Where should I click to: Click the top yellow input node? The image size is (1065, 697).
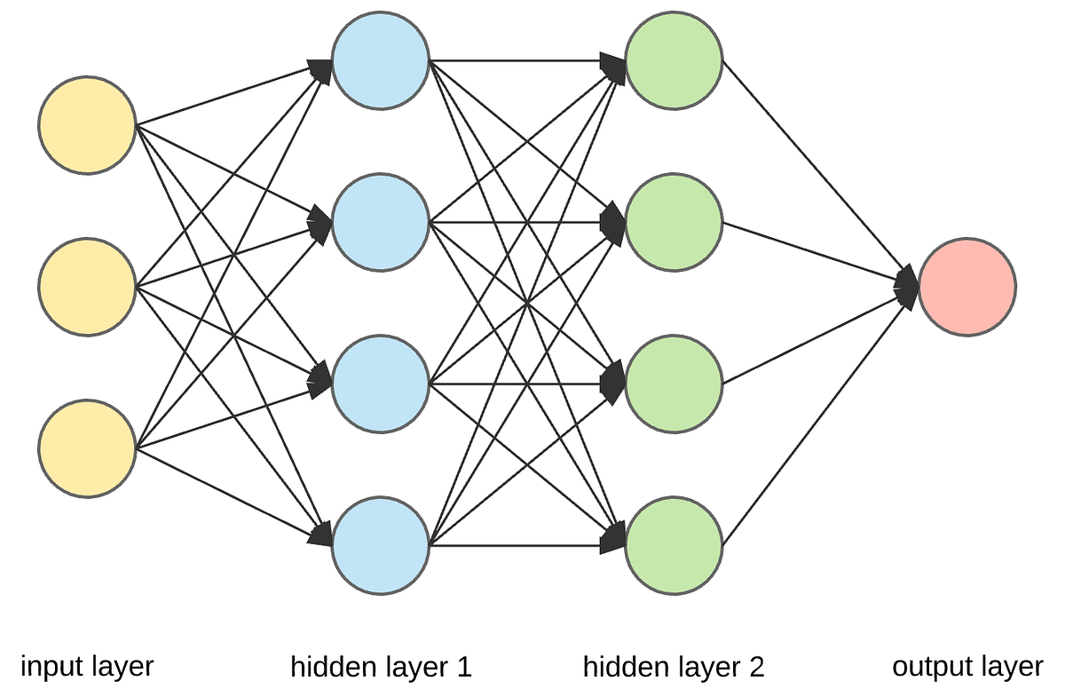tap(87, 125)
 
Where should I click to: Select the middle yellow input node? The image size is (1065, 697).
tap(87, 287)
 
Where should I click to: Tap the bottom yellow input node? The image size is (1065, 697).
tap(87, 448)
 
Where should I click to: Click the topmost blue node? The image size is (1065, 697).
tap(381, 60)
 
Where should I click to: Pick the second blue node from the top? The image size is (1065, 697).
tap(381, 222)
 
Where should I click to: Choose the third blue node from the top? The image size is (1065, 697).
tap(381, 384)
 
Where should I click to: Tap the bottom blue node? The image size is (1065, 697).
tap(381, 544)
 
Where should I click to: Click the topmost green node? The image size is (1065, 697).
tap(674, 60)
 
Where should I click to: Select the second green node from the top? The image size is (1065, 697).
tap(674, 222)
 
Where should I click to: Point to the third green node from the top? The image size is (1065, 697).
tap(674, 384)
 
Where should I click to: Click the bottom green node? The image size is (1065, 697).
tap(674, 544)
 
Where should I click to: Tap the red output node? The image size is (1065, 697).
tap(967, 287)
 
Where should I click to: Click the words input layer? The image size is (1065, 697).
tap(87, 666)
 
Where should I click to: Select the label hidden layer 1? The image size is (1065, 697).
tap(381, 667)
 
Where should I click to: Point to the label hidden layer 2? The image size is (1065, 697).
tap(674, 667)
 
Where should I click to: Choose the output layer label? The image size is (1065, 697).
tap(967, 666)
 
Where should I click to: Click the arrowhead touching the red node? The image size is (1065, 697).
tap(908, 286)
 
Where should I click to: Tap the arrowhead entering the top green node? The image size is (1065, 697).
tap(614, 65)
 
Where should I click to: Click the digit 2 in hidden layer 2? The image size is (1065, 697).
tap(756, 667)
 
